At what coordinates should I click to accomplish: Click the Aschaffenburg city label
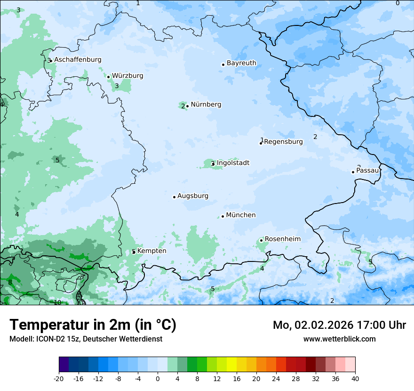[78, 60]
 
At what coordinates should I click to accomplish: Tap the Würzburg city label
[127, 76]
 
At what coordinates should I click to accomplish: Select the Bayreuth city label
[241, 63]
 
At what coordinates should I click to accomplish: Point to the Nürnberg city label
[206, 105]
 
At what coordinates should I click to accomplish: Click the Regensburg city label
[284, 142]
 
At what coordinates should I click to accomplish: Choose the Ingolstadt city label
[233, 163]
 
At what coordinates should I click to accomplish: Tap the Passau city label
[367, 171]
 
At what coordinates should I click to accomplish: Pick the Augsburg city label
[193, 196]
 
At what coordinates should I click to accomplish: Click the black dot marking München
[223, 216]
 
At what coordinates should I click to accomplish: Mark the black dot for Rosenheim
[261, 240]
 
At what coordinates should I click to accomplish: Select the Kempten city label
[151, 251]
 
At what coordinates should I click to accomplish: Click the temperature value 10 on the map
[57, 302]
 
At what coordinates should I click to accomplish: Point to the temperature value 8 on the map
[10, 283]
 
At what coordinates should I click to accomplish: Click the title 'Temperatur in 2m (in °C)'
[93, 325]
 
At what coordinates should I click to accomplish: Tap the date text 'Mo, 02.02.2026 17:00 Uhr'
[339, 325]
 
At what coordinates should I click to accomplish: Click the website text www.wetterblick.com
[339, 339]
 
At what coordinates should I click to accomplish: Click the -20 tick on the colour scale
[59, 379]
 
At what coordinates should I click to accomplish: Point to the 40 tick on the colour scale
[355, 379]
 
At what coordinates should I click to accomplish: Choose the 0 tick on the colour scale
[158, 379]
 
